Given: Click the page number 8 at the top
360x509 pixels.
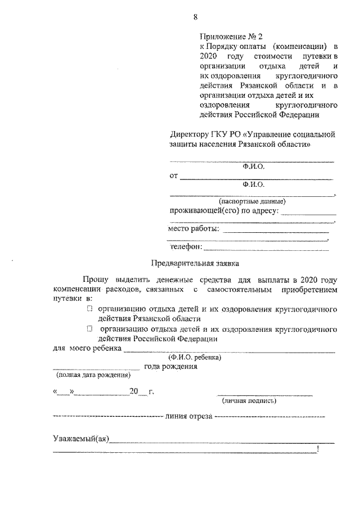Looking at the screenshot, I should pos(195,17).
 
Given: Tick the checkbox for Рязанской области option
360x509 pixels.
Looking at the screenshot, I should pos(89,309).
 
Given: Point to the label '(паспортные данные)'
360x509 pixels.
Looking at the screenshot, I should pos(252,201).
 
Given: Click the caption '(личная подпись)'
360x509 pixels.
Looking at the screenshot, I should pos(249,401).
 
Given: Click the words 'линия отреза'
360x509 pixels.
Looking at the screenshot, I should pos(189,417).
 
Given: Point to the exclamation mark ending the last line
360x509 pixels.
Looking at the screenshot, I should pos(318,449).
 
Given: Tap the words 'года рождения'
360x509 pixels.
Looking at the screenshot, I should pos(170,367).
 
